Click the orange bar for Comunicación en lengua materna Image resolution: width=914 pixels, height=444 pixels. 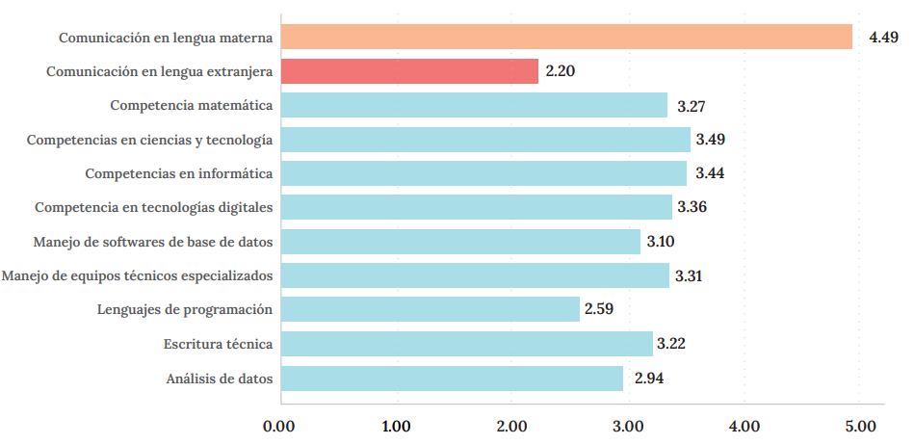click(566, 37)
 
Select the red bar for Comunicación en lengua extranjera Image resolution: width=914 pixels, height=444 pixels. click(409, 71)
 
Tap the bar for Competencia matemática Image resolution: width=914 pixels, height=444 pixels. click(474, 105)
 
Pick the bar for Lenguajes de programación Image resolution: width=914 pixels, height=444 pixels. click(431, 309)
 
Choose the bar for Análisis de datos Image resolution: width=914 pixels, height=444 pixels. click(452, 379)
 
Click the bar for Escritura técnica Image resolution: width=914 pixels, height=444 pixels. click(466, 344)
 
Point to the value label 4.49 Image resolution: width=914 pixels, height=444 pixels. click(883, 38)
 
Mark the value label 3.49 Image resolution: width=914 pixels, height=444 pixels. click(710, 140)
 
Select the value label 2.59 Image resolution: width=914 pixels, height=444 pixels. click(598, 310)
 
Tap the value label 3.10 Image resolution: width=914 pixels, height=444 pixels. click(660, 242)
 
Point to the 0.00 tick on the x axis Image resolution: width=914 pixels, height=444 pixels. click(279, 425)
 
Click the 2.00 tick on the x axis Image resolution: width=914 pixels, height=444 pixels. click(511, 425)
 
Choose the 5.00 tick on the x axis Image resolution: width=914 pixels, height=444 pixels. click(859, 425)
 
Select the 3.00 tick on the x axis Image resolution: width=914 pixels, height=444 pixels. click(628, 425)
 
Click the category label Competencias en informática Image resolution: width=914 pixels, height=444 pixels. click(178, 173)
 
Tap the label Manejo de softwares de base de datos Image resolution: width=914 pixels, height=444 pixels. click(152, 242)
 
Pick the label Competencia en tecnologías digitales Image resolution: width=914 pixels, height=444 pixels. click(153, 207)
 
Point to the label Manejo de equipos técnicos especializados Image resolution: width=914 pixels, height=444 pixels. click(137, 276)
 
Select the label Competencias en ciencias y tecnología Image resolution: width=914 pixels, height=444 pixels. click(149, 140)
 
